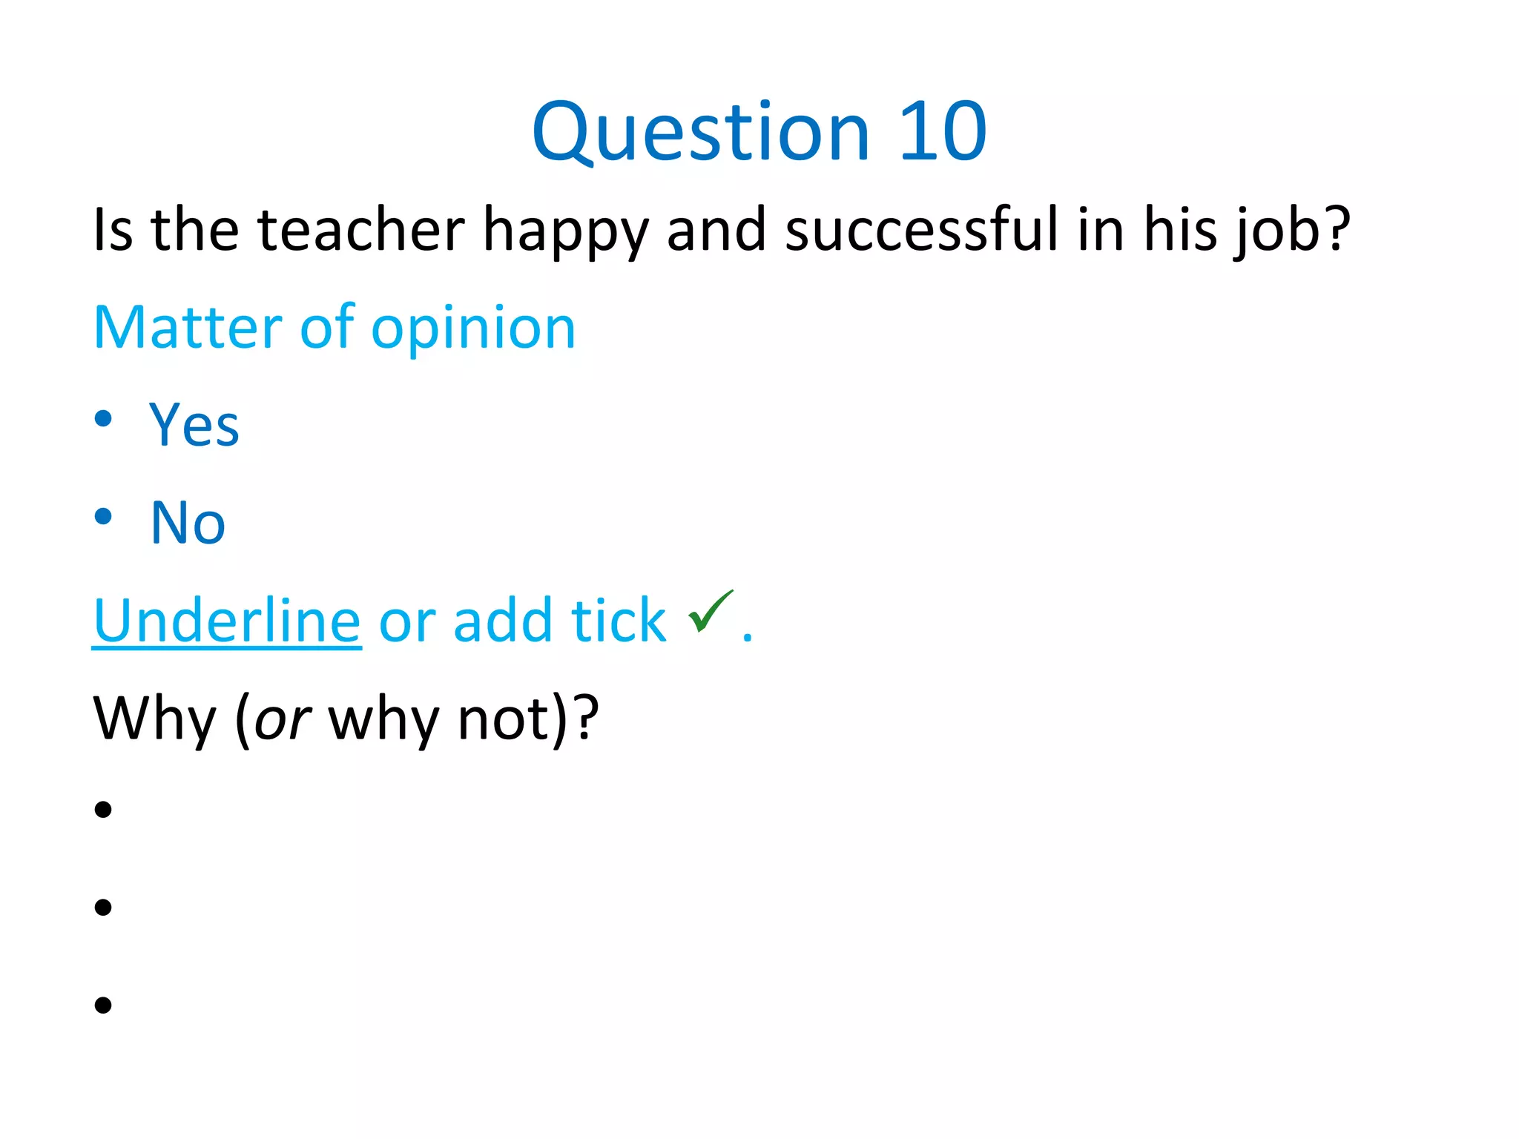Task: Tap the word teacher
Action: point(361,230)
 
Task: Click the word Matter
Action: point(188,327)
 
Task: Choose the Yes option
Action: point(194,425)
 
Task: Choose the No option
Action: point(188,523)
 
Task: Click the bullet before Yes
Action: point(103,419)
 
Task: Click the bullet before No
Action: point(103,517)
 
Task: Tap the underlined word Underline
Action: point(227,620)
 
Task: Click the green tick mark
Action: point(710,612)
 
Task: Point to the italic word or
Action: point(282,720)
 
